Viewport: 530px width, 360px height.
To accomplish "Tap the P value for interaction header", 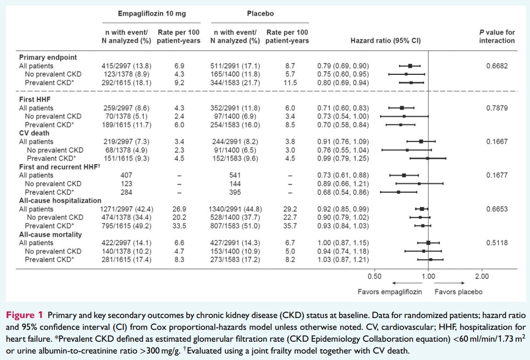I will (497, 37).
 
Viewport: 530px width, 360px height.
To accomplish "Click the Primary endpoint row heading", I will (48, 58).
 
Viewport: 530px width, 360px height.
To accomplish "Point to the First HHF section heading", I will (35, 100).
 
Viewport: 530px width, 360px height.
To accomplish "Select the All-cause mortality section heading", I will (50, 235).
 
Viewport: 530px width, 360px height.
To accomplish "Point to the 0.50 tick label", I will (374, 276).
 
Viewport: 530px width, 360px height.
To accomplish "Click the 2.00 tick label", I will (482, 276).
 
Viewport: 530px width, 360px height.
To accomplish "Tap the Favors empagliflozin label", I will (390, 292).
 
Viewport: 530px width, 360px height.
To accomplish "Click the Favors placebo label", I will (458, 292).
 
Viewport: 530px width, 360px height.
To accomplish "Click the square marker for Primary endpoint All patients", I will (410, 66).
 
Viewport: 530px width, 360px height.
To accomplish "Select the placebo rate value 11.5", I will (291, 83).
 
